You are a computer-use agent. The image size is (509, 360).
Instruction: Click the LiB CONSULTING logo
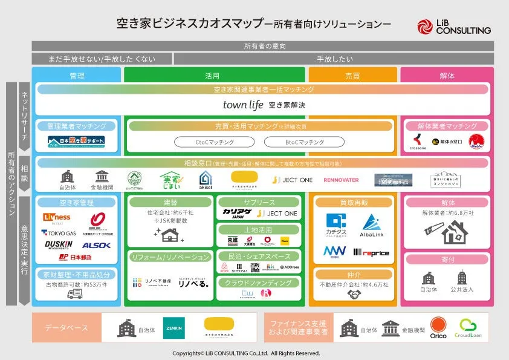453,27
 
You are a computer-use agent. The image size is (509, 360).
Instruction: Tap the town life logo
243,105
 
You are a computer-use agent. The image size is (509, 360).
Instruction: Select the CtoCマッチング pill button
214,142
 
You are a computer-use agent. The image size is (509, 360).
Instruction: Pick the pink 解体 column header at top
447,76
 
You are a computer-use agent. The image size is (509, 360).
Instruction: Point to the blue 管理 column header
76,76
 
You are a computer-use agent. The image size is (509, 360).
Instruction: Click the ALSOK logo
96,245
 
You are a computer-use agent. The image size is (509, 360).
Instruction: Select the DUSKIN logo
58,244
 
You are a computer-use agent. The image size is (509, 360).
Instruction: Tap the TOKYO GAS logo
58,232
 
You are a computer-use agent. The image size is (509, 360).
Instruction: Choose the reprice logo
371,252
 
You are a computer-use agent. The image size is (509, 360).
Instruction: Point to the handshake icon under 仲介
353,295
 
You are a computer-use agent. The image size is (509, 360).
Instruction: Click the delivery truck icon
76,293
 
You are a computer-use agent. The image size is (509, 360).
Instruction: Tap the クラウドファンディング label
259,283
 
